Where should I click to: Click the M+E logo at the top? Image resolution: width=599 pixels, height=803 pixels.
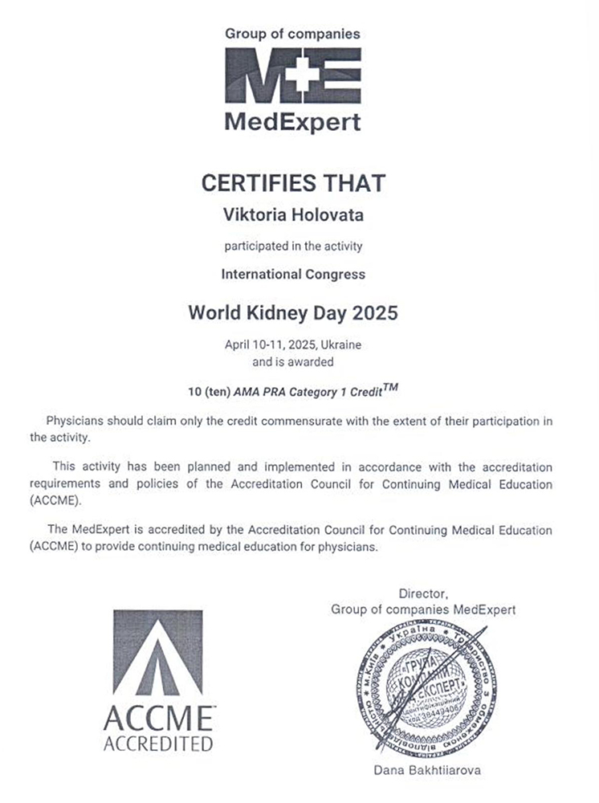[292, 77]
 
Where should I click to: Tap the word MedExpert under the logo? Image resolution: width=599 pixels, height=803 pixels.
[292, 123]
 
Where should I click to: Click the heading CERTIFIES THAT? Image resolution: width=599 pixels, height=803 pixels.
[292, 182]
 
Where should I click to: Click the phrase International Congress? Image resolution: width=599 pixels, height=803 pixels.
[292, 274]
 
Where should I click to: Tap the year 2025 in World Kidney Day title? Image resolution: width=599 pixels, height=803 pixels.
[368, 312]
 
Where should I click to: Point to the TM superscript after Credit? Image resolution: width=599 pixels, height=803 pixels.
[390, 388]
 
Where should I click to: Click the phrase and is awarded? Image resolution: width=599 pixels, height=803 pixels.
[292, 361]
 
